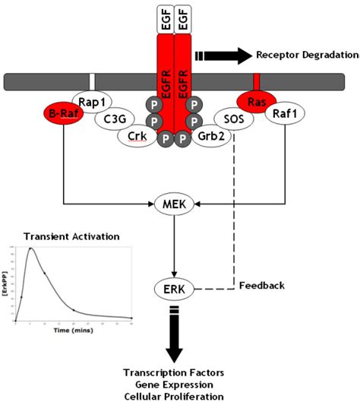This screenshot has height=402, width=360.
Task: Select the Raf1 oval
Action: pyautogui.click(x=286, y=116)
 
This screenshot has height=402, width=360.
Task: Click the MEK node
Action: pyautogui.click(x=175, y=203)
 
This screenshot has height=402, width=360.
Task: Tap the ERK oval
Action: pyautogui.click(x=175, y=288)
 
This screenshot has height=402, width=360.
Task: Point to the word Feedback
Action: pyautogui.click(x=261, y=286)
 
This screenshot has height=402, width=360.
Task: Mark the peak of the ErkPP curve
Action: pyautogui.click(x=31, y=248)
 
